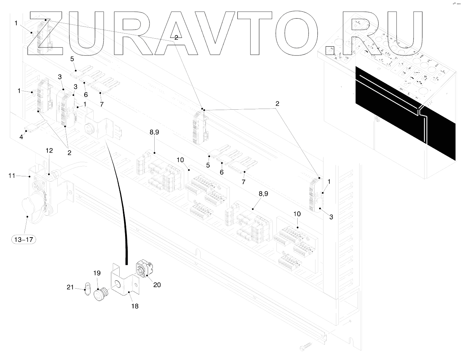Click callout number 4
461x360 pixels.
pos(21,137)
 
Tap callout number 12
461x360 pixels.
pos(49,150)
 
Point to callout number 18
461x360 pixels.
pos(135,306)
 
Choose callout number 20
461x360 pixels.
pos(157,285)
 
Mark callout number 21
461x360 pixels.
pos(70,288)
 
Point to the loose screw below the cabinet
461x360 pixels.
pos(306,343)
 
